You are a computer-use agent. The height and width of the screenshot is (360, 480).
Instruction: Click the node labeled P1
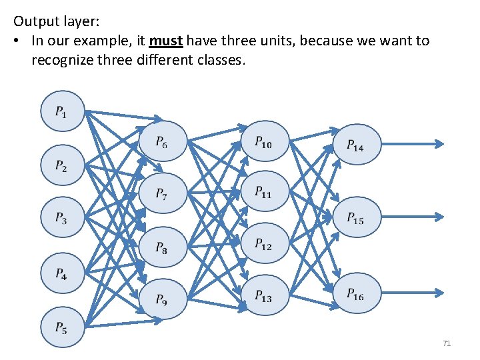(x=63, y=111)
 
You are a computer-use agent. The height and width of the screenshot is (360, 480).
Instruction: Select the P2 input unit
(x=63, y=165)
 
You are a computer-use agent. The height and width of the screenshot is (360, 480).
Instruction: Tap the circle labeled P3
(x=63, y=217)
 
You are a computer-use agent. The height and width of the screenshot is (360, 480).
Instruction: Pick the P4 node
(x=63, y=273)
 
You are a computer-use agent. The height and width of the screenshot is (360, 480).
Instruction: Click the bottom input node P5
(x=63, y=327)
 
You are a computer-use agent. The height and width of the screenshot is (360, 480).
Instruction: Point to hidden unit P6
(x=162, y=141)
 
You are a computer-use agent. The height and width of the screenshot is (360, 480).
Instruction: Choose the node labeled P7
(x=162, y=194)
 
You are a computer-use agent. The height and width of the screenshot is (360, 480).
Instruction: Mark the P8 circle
(x=162, y=247)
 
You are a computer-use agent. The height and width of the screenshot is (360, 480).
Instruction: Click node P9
(x=162, y=300)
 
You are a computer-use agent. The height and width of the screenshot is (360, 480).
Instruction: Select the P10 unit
(x=264, y=141)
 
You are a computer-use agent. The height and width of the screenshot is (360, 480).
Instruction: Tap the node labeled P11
(x=264, y=193)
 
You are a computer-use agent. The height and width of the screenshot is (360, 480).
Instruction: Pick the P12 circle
(x=264, y=244)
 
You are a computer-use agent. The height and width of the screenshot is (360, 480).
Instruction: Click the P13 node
(x=264, y=295)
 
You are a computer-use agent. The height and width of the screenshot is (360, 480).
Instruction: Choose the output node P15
(x=356, y=217)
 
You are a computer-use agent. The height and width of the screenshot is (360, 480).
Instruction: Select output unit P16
(x=356, y=293)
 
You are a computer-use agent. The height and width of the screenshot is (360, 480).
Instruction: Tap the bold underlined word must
(x=166, y=41)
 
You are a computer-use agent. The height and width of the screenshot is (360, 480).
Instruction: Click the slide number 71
(x=447, y=343)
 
